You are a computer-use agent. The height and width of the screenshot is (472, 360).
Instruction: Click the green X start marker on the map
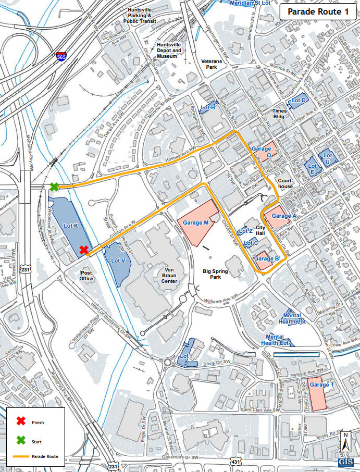click(54, 187)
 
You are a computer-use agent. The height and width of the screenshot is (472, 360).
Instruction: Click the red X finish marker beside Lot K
click(84, 250)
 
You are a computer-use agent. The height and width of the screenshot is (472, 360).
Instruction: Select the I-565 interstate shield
click(61, 57)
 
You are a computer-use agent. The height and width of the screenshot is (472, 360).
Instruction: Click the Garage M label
click(196, 222)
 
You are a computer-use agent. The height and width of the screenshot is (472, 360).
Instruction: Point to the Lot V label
click(118, 260)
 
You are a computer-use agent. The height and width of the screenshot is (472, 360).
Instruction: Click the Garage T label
click(319, 385)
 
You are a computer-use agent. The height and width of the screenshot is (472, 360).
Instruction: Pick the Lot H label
click(208, 107)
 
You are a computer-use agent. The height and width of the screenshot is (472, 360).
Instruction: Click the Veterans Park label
click(212, 65)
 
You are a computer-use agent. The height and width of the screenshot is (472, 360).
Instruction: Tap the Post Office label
click(86, 276)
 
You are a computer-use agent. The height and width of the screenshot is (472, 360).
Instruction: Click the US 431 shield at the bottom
click(236, 462)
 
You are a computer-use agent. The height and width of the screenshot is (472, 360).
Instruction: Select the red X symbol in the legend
click(21, 422)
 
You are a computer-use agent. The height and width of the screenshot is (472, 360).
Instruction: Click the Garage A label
click(284, 216)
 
